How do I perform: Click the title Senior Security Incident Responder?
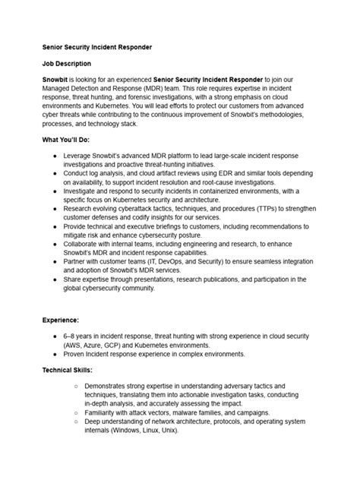[x=97, y=47]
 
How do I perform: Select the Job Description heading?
[x=68, y=64]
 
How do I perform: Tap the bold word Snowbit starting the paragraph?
[x=57, y=80]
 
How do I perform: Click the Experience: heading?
[x=62, y=321]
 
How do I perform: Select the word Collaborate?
[x=82, y=244]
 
